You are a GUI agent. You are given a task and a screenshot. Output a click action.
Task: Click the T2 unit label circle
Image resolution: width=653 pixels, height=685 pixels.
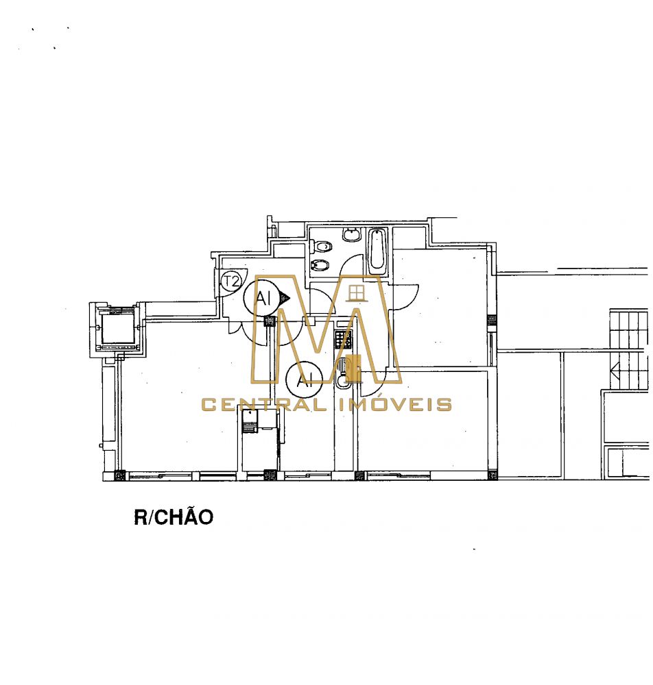tap(230, 280)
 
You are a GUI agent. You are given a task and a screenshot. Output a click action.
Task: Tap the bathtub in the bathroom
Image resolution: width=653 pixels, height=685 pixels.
tap(377, 250)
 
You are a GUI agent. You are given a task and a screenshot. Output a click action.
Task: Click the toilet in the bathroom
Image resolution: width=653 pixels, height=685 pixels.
tap(322, 247)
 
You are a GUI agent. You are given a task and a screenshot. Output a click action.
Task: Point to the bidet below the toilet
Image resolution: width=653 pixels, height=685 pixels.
tap(320, 264)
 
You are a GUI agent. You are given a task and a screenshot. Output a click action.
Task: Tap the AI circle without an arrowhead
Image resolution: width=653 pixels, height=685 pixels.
tap(305, 379)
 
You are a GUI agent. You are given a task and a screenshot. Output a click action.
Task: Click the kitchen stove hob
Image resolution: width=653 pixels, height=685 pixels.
tap(343, 339)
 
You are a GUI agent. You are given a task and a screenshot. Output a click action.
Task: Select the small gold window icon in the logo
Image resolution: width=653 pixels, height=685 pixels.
tap(357, 294)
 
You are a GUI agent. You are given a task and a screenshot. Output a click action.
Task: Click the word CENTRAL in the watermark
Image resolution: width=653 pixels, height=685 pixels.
tap(263, 405)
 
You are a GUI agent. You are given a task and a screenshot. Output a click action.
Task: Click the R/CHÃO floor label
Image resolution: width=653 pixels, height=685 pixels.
tap(174, 516)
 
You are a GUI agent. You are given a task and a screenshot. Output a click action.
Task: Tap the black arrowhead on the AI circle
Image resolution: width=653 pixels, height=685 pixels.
tap(285, 298)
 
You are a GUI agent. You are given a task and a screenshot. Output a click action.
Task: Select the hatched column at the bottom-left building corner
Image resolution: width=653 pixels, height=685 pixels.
tap(119, 475)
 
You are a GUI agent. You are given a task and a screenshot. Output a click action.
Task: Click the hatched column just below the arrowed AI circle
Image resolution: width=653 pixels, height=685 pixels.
tap(270, 321)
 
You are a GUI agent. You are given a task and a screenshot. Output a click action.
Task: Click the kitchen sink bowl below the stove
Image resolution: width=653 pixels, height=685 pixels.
tap(342, 382)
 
